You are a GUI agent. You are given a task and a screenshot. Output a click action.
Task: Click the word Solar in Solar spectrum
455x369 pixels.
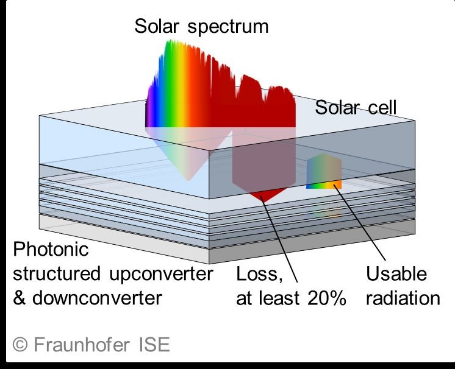(157, 26)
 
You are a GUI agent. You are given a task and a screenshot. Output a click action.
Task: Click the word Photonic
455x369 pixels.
(51, 249)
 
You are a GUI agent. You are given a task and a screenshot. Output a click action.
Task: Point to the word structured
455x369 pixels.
(57, 274)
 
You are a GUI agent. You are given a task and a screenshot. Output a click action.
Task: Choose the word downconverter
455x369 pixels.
(97, 298)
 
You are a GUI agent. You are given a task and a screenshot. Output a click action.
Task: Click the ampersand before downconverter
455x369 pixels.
(19, 298)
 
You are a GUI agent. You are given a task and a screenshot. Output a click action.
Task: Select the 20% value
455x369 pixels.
(327, 298)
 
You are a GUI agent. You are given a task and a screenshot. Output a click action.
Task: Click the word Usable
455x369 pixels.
(396, 274)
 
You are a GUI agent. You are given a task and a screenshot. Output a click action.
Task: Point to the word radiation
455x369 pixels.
(403, 298)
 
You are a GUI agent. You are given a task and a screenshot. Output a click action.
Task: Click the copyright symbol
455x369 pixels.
(20, 345)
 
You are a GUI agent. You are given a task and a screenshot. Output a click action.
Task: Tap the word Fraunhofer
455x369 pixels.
(82, 345)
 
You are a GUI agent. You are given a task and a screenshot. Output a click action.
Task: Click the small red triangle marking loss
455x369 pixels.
(267, 195)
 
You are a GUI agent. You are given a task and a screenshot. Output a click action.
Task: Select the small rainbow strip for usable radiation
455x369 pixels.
(324, 184)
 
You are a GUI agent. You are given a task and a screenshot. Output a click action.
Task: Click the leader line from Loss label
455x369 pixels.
(279, 239)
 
